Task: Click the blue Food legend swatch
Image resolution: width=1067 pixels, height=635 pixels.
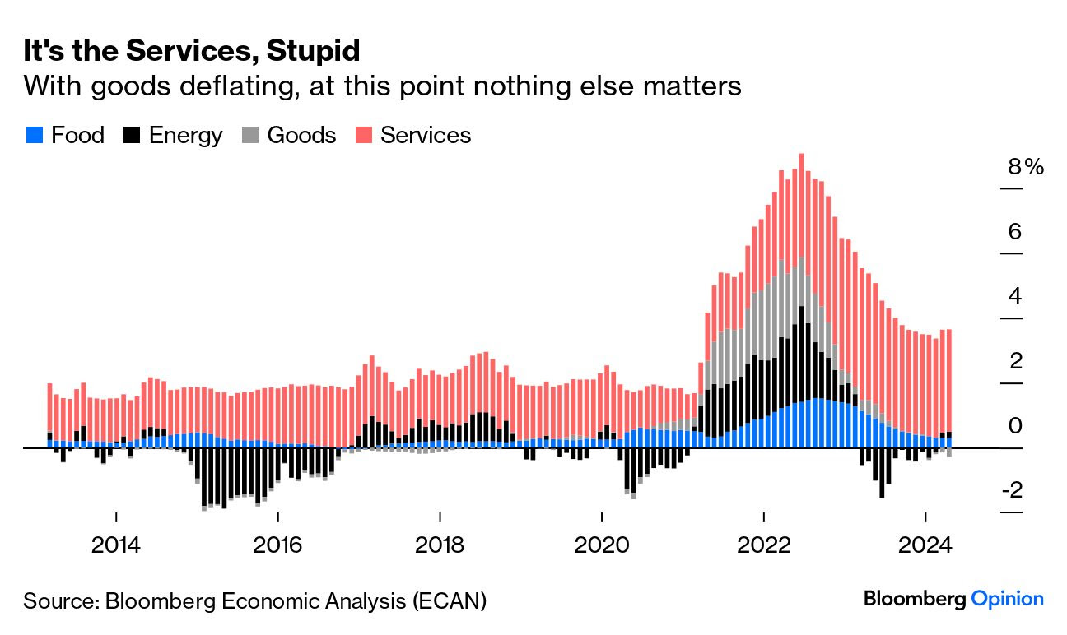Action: pos(34,136)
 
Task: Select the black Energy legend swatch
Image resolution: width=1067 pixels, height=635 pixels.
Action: pos(131,136)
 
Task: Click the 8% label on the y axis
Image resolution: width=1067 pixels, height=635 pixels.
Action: pos(1025,167)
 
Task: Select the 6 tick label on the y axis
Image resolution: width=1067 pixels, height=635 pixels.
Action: pos(1014,232)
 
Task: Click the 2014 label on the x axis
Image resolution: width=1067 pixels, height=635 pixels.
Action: pos(116,545)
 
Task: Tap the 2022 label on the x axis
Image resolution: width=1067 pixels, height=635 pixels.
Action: pos(764,545)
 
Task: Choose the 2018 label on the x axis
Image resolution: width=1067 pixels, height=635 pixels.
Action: pos(440,545)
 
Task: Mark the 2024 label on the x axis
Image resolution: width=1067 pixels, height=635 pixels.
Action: pos(925,545)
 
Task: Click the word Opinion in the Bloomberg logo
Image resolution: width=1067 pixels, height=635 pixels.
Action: pos(1007,599)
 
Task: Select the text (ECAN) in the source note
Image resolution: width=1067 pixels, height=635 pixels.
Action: pos(450,600)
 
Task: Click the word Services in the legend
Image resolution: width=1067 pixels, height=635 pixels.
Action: pos(426,136)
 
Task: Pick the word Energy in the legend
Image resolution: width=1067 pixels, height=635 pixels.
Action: pos(185,136)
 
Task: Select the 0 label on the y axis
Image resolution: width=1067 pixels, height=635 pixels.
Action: pos(1014,426)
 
